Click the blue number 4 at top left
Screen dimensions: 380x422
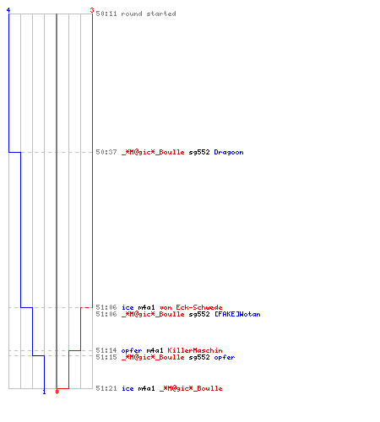point(8,10)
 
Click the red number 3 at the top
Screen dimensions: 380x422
point(92,10)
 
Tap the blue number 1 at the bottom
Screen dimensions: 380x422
point(44,392)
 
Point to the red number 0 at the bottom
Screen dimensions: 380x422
point(57,392)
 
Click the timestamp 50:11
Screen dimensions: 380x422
point(106,14)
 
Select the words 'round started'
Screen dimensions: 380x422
point(149,14)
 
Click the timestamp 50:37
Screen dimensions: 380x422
point(106,152)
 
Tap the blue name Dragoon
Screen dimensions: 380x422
point(229,153)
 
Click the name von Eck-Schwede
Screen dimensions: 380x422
point(191,307)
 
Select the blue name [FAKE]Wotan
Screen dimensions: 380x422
point(237,314)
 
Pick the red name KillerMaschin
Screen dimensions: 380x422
point(195,350)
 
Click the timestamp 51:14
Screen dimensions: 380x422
point(106,350)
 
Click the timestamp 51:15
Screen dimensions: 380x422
point(106,357)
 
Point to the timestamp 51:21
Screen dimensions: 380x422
point(106,388)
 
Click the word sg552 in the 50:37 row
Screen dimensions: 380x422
point(199,153)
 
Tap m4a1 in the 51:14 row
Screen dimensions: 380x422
point(155,350)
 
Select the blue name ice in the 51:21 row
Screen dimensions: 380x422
point(128,388)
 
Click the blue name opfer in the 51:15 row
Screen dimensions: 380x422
point(225,358)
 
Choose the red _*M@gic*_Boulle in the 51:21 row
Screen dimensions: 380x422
point(191,389)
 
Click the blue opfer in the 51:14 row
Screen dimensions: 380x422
point(132,351)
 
